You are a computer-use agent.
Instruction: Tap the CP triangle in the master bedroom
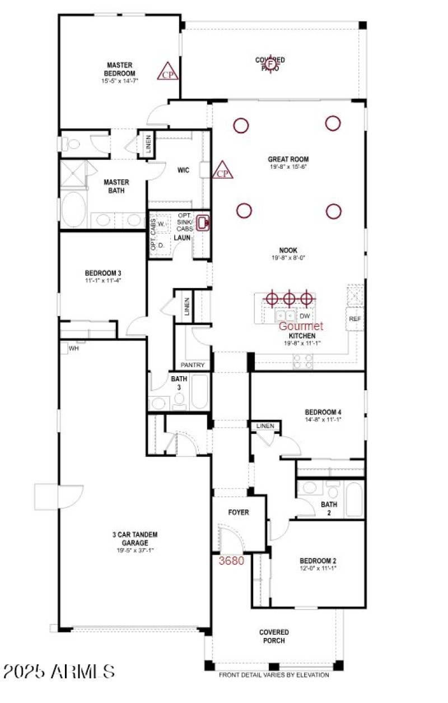click(x=167, y=72)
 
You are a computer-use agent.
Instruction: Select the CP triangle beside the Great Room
click(x=223, y=171)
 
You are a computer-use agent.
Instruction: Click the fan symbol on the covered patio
click(x=270, y=64)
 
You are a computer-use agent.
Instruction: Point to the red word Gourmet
click(x=301, y=326)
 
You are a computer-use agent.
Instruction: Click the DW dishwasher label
click(x=305, y=316)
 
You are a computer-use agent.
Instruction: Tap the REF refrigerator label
click(x=354, y=318)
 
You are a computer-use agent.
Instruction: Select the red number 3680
click(x=231, y=560)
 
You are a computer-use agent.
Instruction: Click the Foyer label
click(x=238, y=512)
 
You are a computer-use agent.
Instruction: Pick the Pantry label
click(x=193, y=365)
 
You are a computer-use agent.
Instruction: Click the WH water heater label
click(x=73, y=348)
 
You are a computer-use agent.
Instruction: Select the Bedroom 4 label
click(x=324, y=411)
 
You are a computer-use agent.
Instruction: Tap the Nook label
click(x=288, y=251)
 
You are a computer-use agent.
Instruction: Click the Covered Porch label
click(x=274, y=636)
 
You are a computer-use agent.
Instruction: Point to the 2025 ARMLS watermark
click(x=58, y=671)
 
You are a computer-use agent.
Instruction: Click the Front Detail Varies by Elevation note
click(x=274, y=675)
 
